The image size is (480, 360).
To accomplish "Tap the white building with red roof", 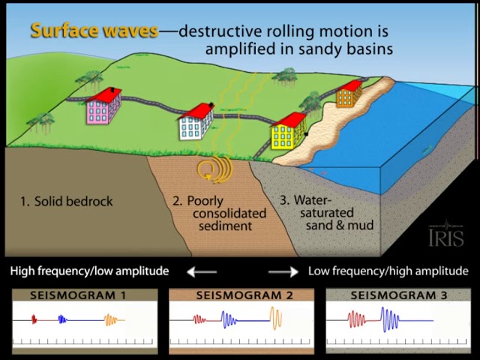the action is click(196, 121).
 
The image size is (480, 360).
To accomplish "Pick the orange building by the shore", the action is click(349, 94).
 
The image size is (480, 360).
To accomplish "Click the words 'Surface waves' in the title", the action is click(94, 31).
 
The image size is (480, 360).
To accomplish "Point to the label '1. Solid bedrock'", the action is click(67, 201).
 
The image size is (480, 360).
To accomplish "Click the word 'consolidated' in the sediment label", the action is click(229, 213).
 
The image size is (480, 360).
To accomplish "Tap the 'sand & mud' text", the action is click(340, 225).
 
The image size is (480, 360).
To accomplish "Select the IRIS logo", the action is click(445, 235).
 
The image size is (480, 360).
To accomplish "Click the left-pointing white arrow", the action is click(202, 271).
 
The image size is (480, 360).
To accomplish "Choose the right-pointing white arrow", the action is click(283, 271).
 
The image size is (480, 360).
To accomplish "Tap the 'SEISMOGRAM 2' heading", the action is click(244, 295).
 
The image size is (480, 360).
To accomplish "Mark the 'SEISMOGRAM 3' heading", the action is click(399, 295).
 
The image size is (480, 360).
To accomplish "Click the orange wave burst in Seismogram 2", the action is click(275, 318).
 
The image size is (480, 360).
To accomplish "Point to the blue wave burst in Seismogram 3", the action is click(390, 320).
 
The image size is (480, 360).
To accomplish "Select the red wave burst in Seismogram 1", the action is click(34, 319).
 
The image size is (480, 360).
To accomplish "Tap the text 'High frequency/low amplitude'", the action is click(89, 271).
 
